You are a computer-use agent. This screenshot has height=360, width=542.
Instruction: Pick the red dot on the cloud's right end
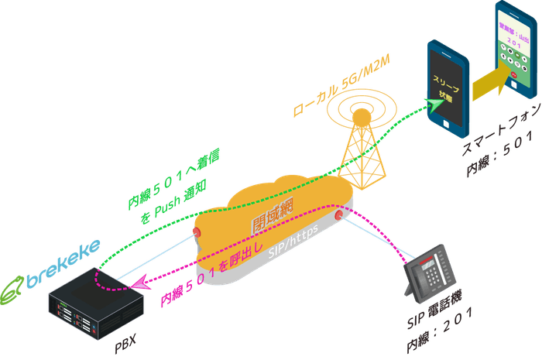tap(339, 213)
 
